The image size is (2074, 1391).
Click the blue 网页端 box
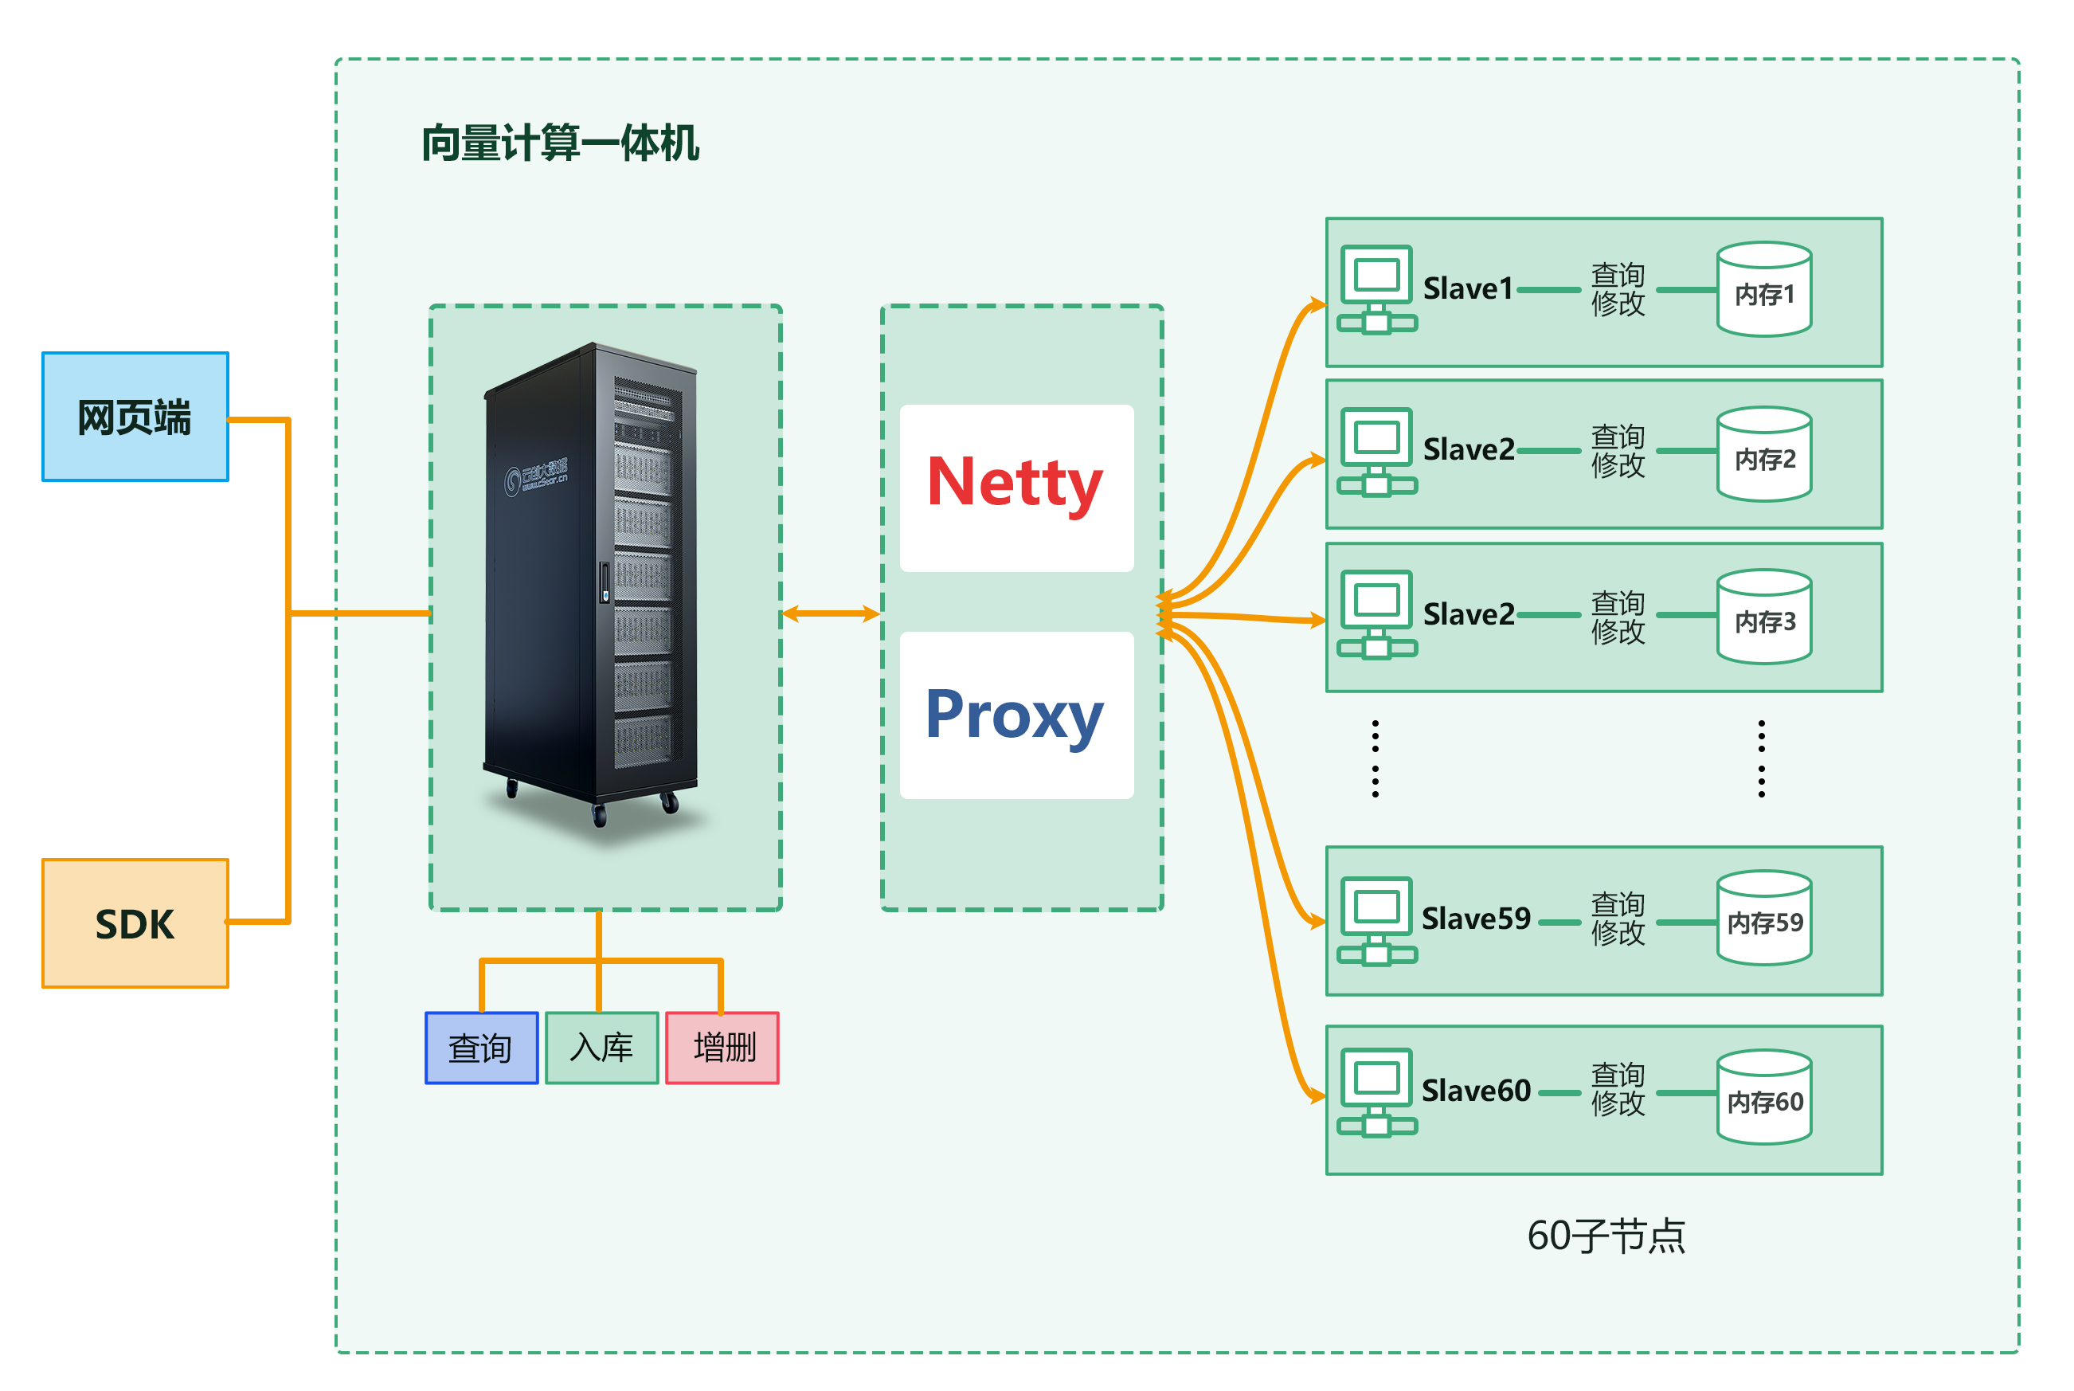(135, 417)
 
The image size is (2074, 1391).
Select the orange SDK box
(135, 923)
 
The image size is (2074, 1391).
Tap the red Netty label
(1015, 484)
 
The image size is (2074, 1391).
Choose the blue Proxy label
(1015, 715)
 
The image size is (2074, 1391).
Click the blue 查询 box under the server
(482, 1048)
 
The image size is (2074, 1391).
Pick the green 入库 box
(601, 1048)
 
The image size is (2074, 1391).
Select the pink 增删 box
(722, 1048)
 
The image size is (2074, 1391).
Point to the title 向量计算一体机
(561, 143)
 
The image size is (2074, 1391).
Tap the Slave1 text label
(1468, 289)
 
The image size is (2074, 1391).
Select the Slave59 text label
(1477, 919)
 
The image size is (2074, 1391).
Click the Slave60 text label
(1477, 1091)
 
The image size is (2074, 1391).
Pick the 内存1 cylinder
(1763, 291)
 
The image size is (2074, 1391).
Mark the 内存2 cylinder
(1763, 455)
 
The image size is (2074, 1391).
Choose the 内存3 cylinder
(1763, 618)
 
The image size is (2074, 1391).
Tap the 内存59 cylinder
(1763, 919)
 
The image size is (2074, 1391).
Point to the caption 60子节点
(1606, 1236)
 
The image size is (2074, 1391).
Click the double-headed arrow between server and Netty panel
(831, 613)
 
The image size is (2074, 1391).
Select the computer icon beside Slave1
(1376, 289)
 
